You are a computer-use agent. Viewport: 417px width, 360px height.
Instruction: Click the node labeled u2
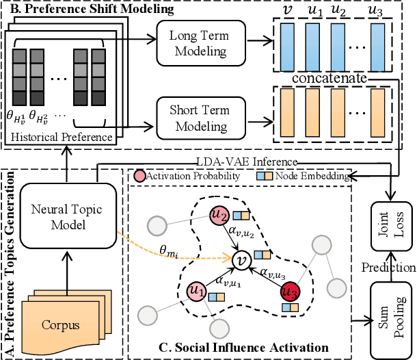(x=219, y=215)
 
